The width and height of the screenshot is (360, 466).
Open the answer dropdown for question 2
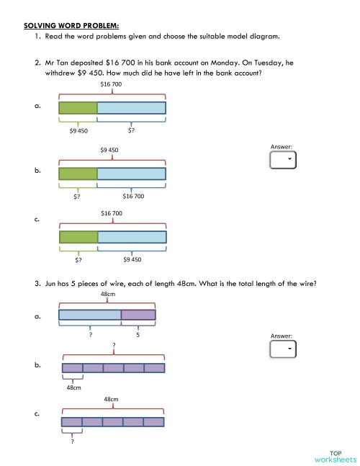282,160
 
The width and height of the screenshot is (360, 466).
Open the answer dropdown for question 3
282,349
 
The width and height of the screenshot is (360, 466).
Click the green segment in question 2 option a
78,108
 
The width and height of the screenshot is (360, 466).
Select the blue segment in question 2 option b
131,174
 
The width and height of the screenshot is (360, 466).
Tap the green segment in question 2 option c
78,237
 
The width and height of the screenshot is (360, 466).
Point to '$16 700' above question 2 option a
112,84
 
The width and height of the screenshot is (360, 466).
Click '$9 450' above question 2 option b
109,150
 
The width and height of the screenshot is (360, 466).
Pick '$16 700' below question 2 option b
133,196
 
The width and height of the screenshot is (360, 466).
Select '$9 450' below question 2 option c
132,259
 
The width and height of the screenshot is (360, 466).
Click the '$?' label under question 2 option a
130,131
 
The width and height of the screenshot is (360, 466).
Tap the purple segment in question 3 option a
138,314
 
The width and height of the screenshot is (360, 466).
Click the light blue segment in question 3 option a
89,314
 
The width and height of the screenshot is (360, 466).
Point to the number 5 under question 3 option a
138,335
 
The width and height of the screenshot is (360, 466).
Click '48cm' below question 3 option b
73,387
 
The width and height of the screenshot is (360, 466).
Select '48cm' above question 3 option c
111,398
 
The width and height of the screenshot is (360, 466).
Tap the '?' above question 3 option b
114,345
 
